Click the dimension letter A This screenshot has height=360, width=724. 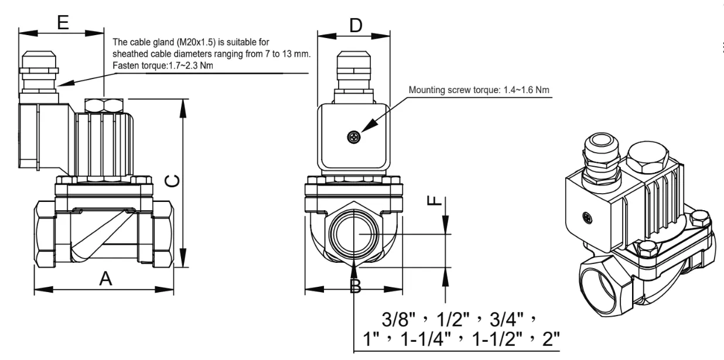(x=105, y=279)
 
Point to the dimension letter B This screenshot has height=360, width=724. (x=355, y=286)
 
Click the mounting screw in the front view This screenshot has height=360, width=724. (x=353, y=138)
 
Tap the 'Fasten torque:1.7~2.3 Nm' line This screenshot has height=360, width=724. (x=161, y=65)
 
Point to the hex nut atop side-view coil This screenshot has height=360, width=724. (x=104, y=105)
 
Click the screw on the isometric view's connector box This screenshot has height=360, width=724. (x=587, y=218)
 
